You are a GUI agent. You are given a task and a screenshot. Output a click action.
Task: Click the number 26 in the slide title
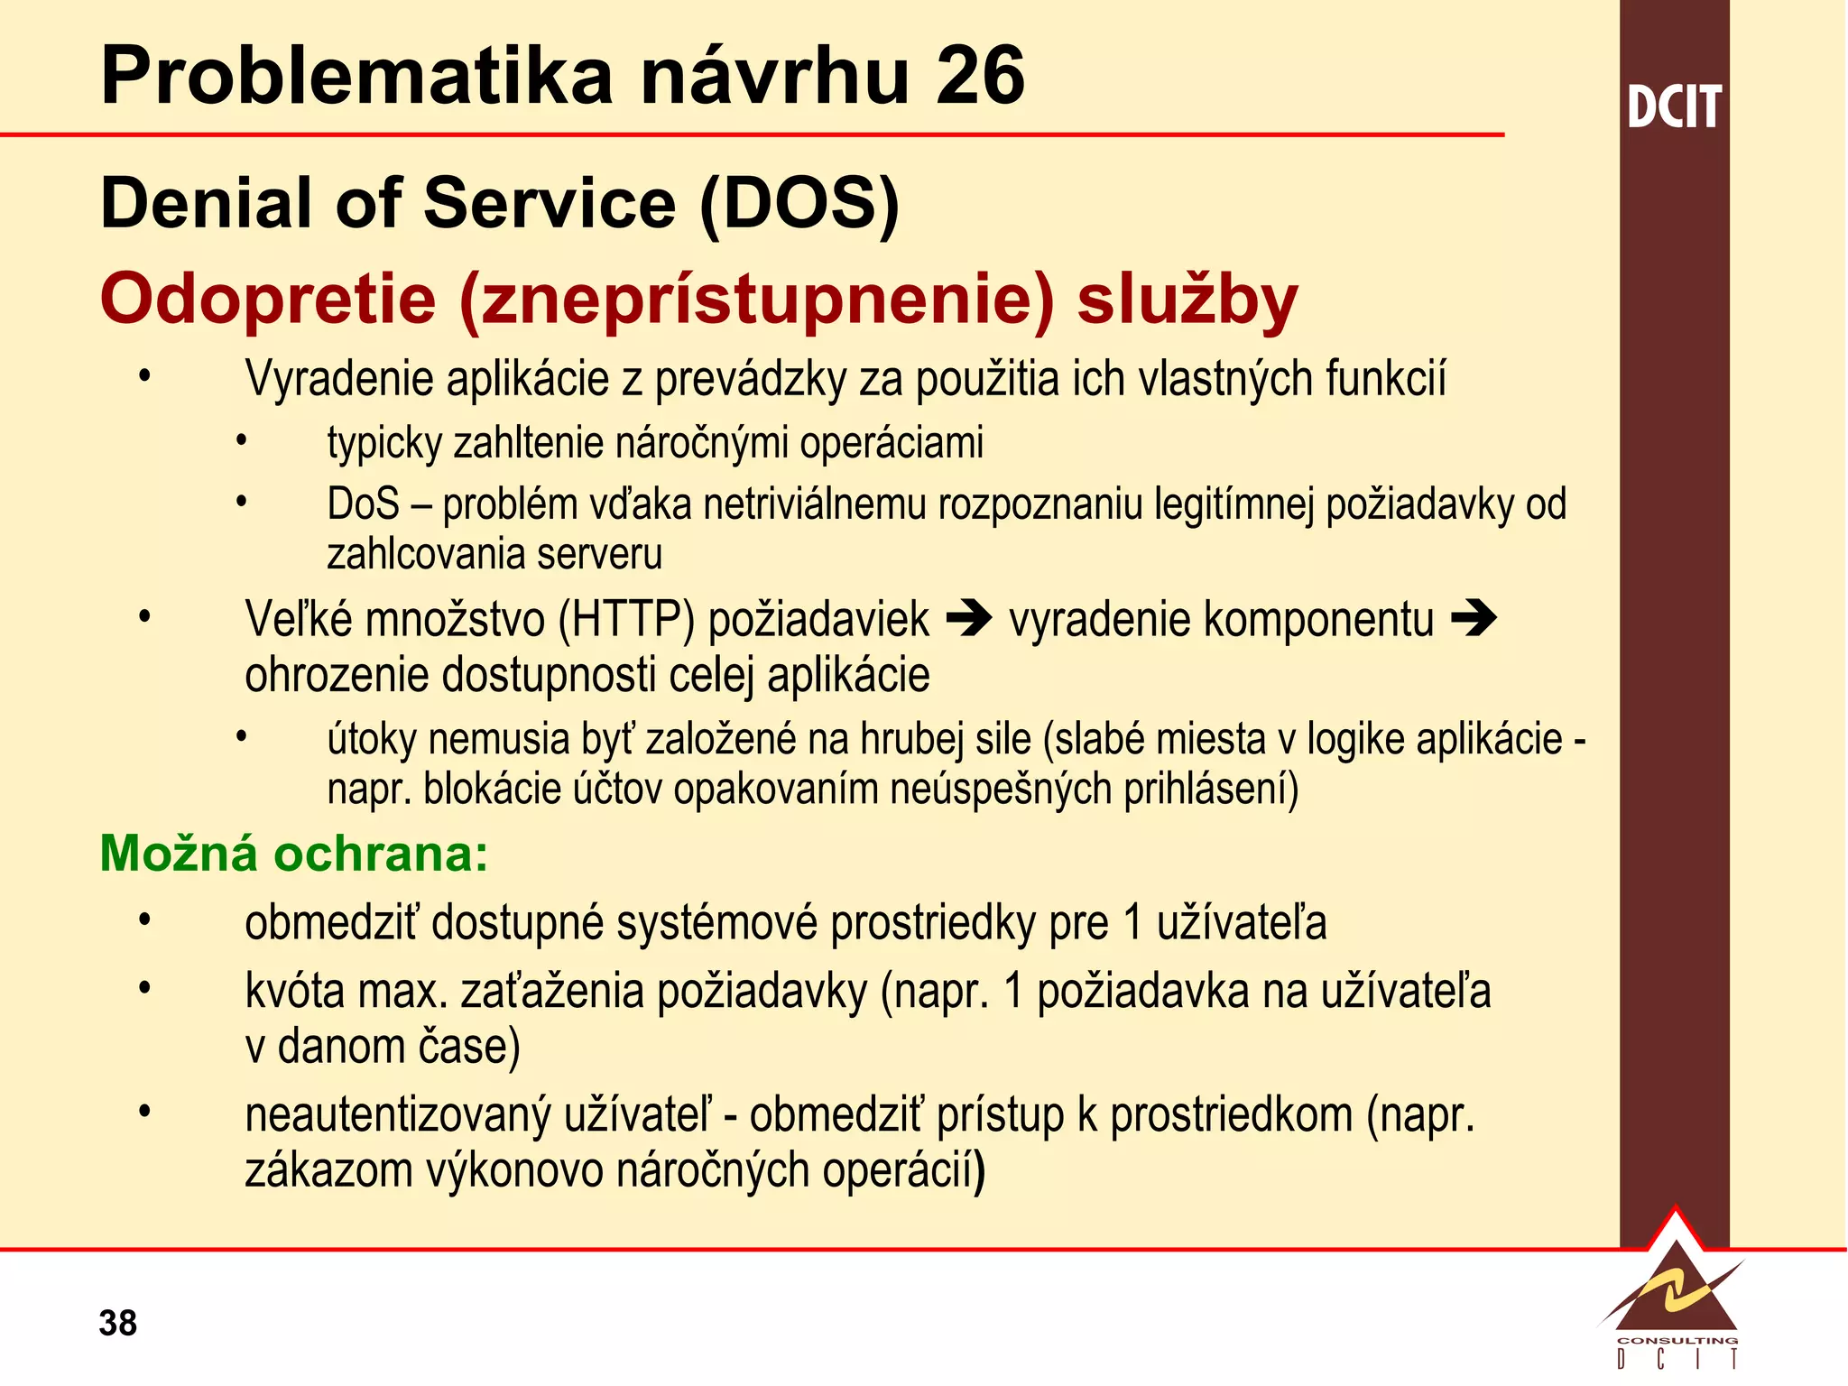click(980, 76)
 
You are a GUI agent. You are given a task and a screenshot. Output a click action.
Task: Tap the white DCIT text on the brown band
click(1674, 107)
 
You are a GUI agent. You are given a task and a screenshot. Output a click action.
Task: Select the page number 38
click(118, 1323)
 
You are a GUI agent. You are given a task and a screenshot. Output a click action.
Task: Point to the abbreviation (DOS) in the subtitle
click(799, 204)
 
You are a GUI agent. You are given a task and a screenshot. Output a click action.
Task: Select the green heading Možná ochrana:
click(293, 853)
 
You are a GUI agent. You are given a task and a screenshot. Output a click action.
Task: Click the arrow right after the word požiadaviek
click(969, 619)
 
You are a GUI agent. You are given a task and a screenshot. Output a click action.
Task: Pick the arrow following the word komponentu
click(1474, 619)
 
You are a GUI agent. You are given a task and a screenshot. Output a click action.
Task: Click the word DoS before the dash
click(363, 504)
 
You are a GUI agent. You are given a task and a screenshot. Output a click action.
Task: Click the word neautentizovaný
click(398, 1115)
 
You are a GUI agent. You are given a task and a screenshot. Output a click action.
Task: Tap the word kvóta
click(295, 991)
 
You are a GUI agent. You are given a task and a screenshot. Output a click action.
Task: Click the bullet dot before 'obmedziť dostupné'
click(144, 920)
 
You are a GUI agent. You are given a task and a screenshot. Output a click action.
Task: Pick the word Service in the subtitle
click(550, 204)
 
